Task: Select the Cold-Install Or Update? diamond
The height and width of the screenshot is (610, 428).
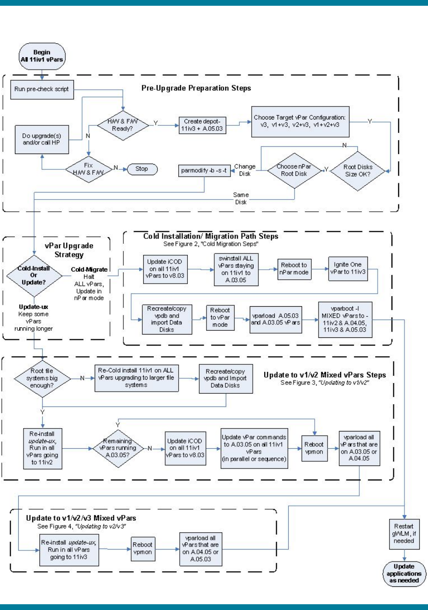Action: click(x=35, y=275)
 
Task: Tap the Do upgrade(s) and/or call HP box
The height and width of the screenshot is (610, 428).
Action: click(x=41, y=138)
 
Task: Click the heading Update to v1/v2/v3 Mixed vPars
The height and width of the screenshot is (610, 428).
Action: click(x=84, y=518)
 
